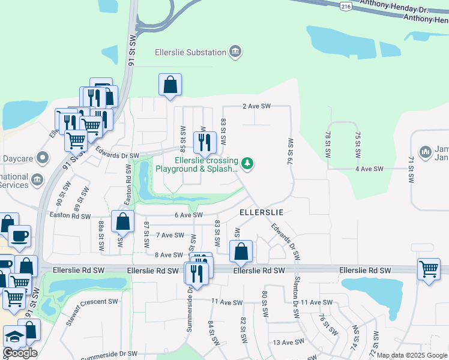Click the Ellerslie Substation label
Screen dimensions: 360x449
pyautogui.click(x=190, y=52)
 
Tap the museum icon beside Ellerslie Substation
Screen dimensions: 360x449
pyautogui.click(x=235, y=52)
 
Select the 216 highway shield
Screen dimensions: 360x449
pyautogui.click(x=345, y=6)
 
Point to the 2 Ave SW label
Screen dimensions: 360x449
pyautogui.click(x=257, y=106)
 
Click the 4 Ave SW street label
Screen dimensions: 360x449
pyautogui.click(x=369, y=169)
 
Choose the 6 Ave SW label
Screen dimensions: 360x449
pyautogui.click(x=188, y=215)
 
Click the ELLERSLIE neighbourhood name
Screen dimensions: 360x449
pyautogui.click(x=261, y=212)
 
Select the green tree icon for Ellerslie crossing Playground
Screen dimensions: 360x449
pyautogui.click(x=247, y=163)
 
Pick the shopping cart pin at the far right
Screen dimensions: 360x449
pyautogui.click(x=429, y=268)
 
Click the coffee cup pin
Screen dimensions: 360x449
pyautogui.click(x=19, y=235)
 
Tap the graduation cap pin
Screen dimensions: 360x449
pyautogui.click(x=14, y=336)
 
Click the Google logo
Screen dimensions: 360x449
pyautogui.click(x=20, y=353)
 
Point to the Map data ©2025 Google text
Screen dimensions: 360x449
pyautogui.click(x=411, y=355)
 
